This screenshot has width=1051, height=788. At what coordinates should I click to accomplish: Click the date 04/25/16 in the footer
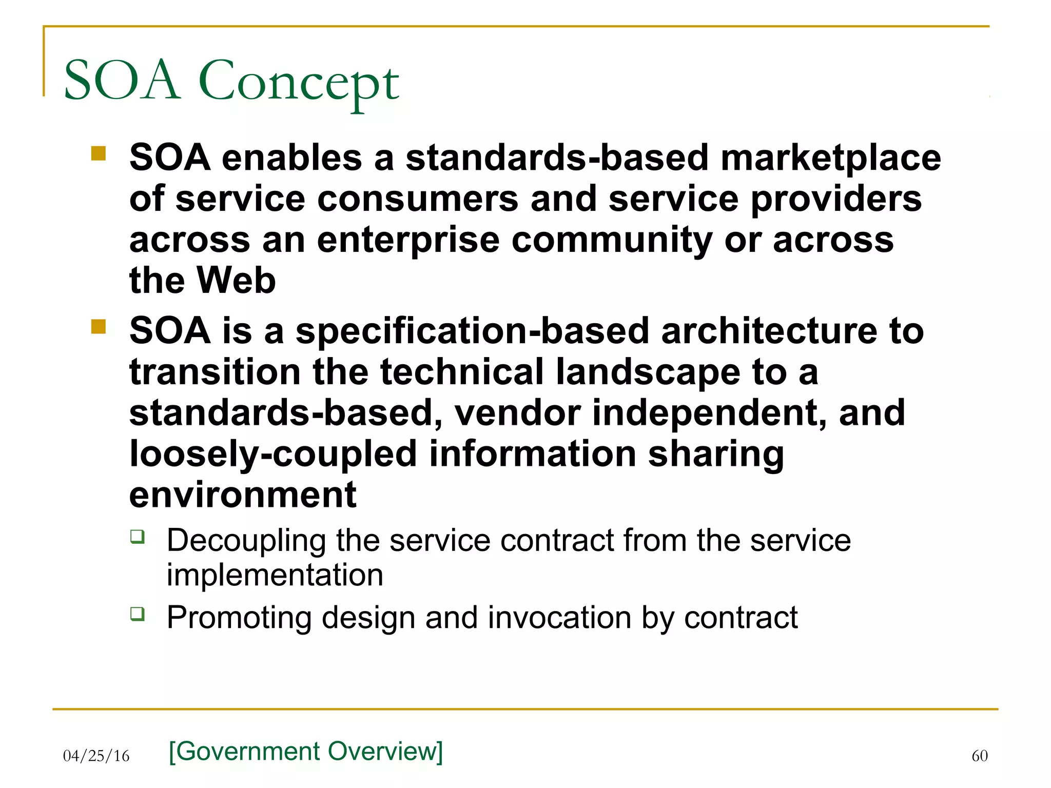[96, 756]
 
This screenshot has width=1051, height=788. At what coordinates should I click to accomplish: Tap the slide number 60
[979, 756]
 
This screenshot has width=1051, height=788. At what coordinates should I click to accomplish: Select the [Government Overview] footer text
[306, 751]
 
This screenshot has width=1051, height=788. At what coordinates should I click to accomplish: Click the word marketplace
[830, 158]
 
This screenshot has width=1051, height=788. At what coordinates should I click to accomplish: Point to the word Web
[237, 281]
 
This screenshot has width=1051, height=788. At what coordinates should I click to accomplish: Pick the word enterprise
[408, 240]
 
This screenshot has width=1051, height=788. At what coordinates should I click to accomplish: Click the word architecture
[769, 331]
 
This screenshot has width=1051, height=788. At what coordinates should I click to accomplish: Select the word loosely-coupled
[273, 455]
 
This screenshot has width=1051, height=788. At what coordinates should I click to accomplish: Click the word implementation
[275, 575]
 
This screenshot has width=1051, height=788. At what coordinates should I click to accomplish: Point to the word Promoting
[239, 617]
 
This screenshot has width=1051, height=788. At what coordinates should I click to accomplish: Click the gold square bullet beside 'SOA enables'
[98, 153]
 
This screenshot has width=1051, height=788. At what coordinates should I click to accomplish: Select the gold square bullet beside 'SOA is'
[98, 327]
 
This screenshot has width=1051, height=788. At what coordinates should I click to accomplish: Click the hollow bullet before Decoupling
[137, 537]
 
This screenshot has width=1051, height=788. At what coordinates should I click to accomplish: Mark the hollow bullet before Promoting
[137, 613]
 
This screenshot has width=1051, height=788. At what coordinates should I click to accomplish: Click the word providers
[836, 199]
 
